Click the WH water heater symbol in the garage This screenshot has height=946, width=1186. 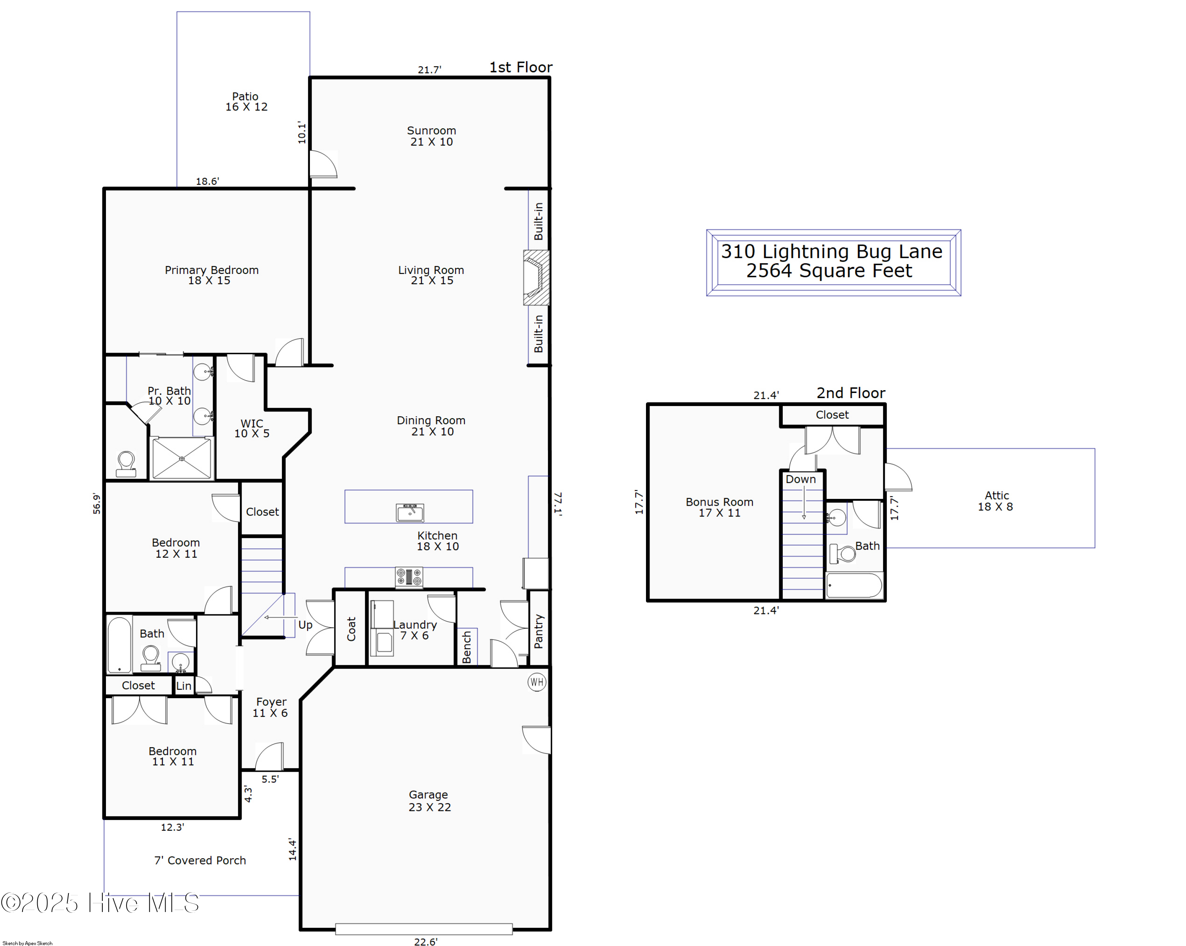pos(536,682)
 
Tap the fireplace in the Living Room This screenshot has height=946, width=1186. pos(536,278)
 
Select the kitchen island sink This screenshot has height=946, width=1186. pos(410,512)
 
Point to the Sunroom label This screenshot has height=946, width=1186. pos(431,130)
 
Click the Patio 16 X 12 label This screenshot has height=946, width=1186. pos(246,102)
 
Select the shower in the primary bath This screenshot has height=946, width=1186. pos(181,458)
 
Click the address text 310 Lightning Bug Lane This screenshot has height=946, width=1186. pos(832,251)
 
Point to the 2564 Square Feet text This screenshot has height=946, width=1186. pos(829,271)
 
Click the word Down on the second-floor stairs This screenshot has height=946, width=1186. pos(801,479)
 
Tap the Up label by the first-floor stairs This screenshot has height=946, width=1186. pos(305,625)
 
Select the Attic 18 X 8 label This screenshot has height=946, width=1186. pos(996,501)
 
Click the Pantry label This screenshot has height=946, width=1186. pos(538,631)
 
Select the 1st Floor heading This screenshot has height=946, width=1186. pos(521,67)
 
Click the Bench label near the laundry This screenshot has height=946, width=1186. pos(466,647)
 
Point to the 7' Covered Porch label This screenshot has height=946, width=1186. pos(200,860)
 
